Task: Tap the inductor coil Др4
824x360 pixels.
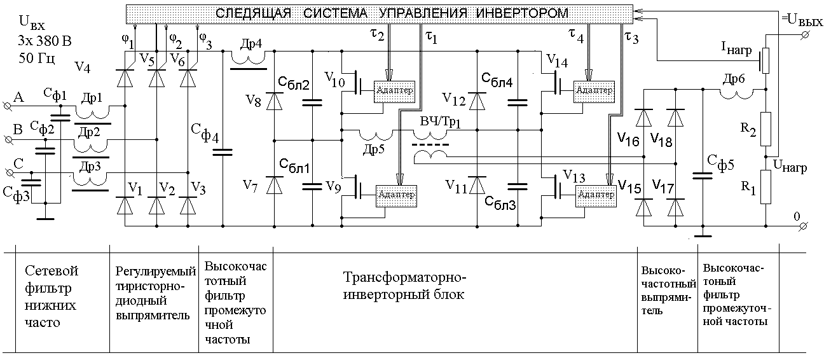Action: (x=247, y=59)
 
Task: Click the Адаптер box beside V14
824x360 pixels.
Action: (x=594, y=90)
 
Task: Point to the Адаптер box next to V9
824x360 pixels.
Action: (x=397, y=194)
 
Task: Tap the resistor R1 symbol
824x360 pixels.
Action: (x=766, y=187)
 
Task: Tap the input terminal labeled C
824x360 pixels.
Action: (x=7, y=172)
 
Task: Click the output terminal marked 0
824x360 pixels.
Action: (x=804, y=226)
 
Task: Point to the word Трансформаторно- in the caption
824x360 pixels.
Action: (x=405, y=279)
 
